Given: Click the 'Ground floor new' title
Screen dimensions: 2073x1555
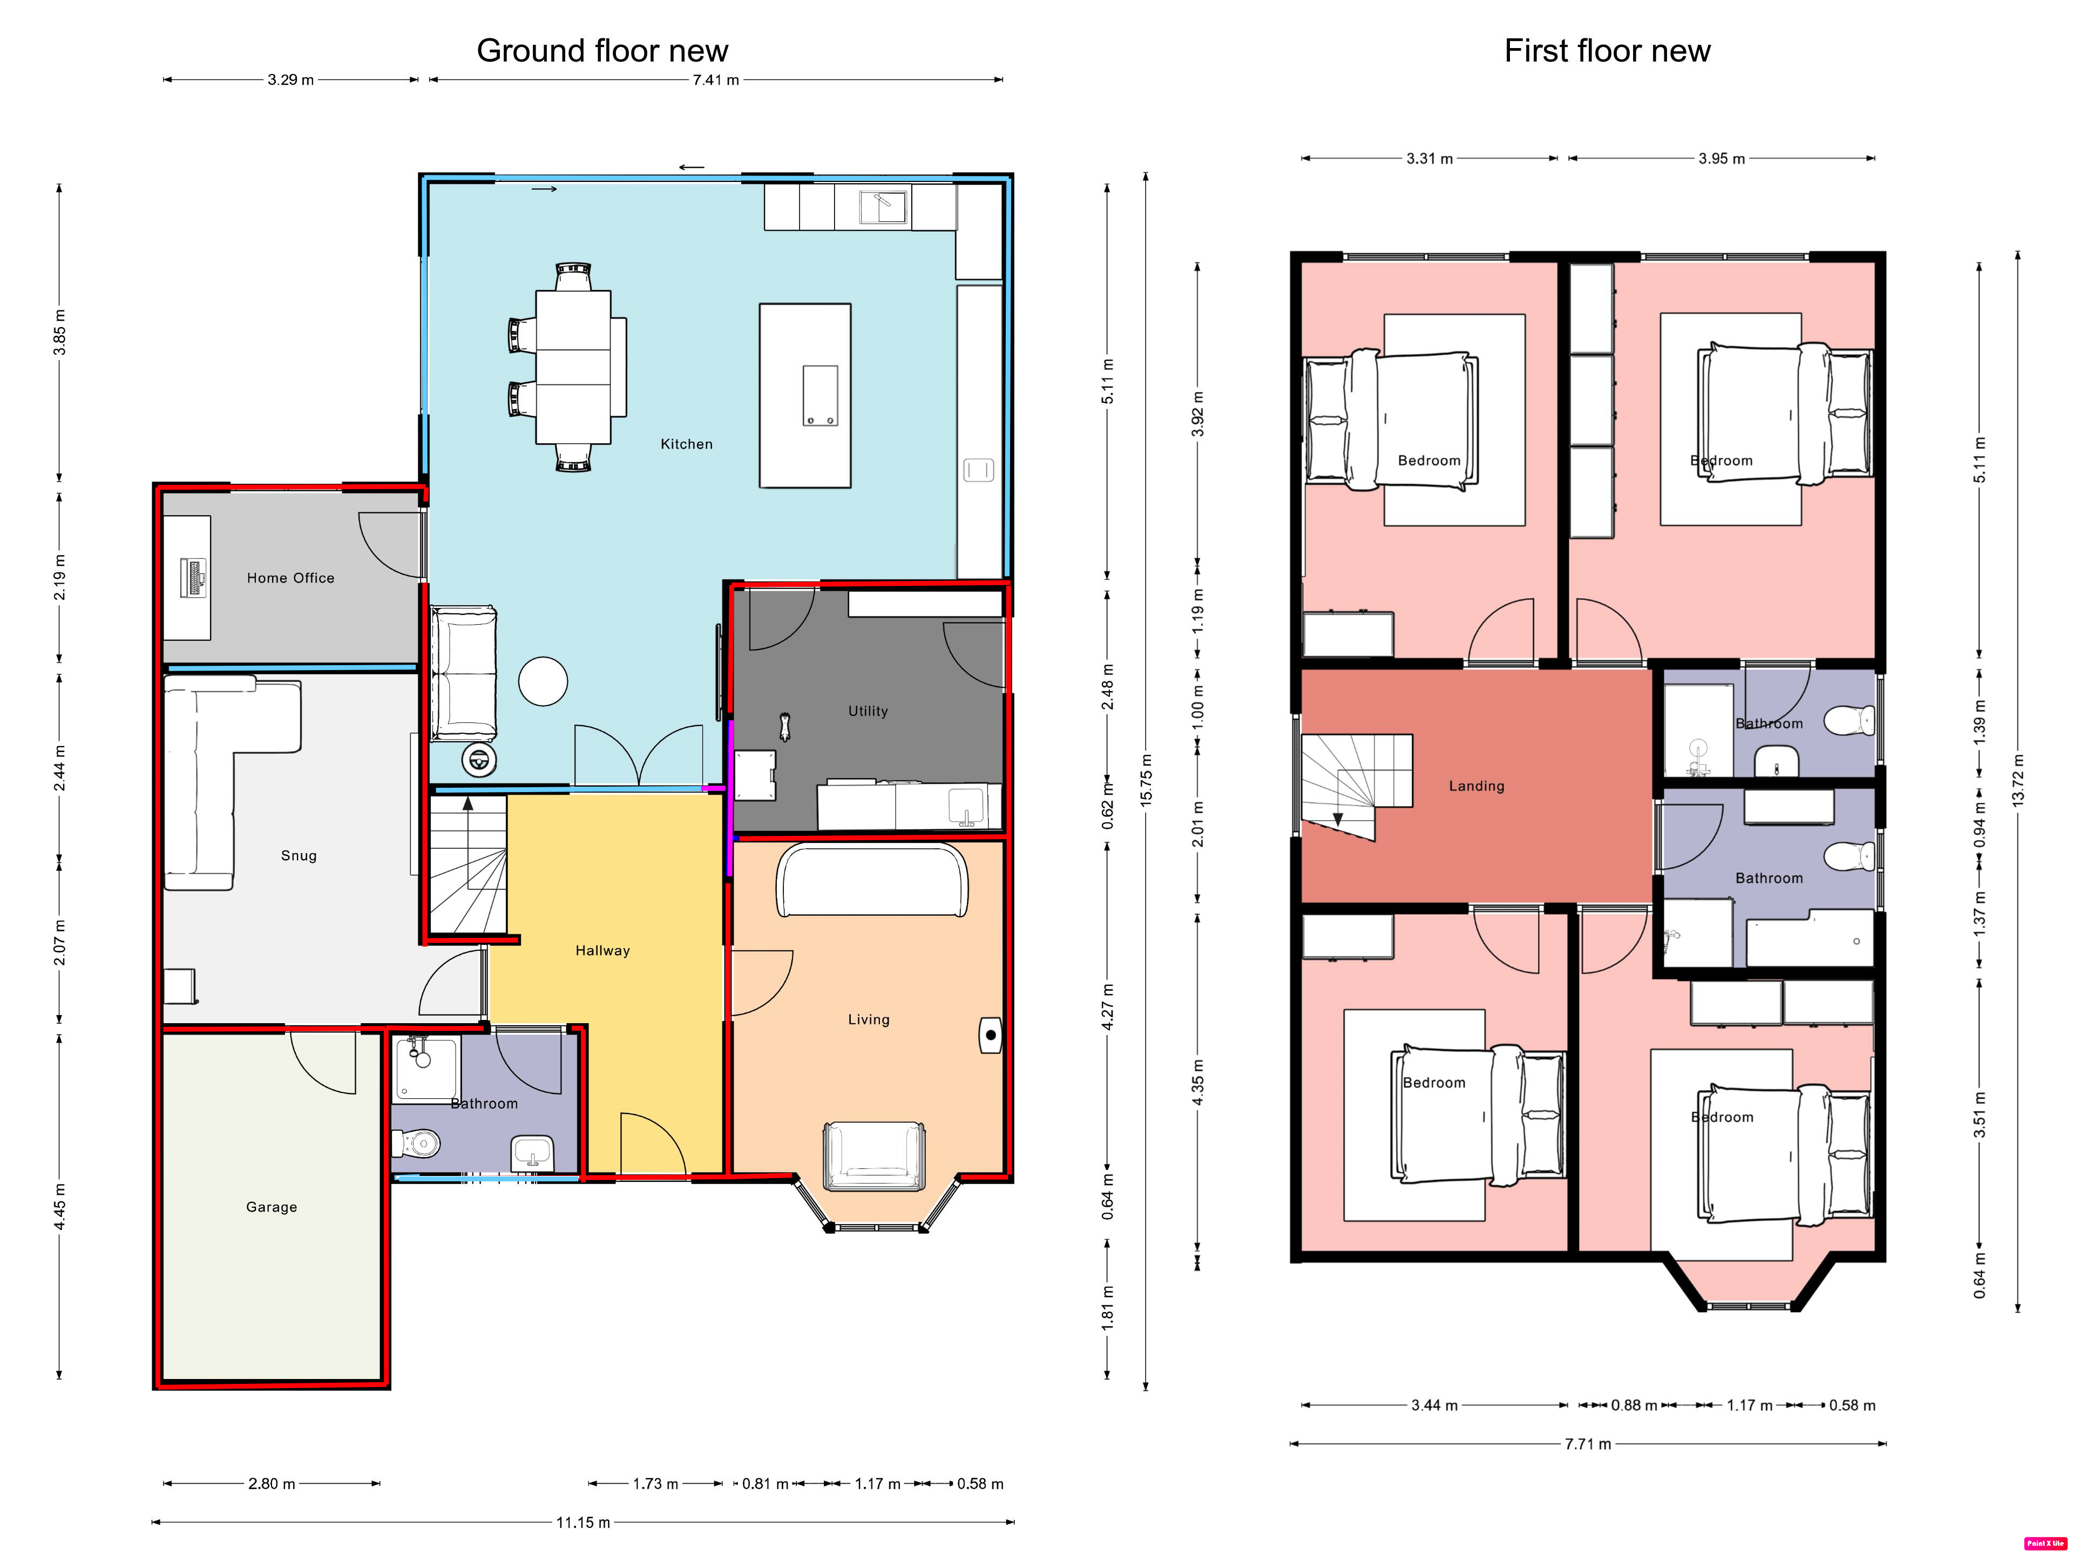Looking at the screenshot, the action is point(602,51).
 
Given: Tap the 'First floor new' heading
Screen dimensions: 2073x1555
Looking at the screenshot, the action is point(1607,51).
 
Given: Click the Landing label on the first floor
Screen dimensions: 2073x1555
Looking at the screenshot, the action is point(1477,786).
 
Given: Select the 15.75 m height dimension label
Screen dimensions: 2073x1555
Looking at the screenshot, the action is point(1146,780).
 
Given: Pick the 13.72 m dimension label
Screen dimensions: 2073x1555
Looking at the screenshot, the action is point(2018,780).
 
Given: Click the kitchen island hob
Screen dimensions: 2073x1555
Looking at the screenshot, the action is point(820,396).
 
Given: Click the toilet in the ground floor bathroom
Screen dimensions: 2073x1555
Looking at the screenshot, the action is point(417,1144).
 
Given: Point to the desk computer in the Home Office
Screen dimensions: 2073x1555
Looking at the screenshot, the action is point(195,577).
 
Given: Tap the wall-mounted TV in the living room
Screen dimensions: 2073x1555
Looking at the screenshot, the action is point(991,1036).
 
